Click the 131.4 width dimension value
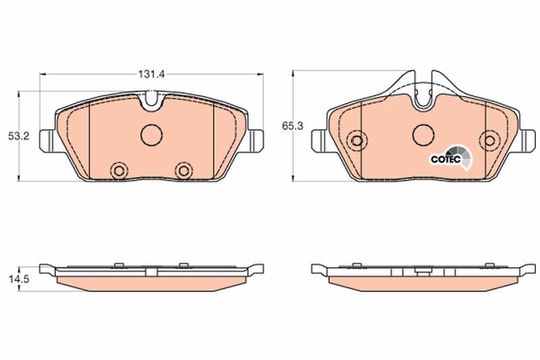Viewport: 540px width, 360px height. (x=151, y=74)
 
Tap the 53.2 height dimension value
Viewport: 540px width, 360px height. (x=19, y=136)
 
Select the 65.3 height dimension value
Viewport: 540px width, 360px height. (x=293, y=126)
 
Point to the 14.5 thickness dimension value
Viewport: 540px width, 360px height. (x=19, y=279)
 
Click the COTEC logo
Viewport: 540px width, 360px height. (x=450, y=158)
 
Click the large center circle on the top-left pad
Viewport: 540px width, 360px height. (x=151, y=134)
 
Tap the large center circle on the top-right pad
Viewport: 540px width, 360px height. (x=423, y=134)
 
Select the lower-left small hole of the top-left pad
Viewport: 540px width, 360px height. (x=119, y=170)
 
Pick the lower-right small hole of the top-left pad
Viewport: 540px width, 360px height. (x=183, y=170)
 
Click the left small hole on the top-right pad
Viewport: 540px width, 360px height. (x=357, y=140)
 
